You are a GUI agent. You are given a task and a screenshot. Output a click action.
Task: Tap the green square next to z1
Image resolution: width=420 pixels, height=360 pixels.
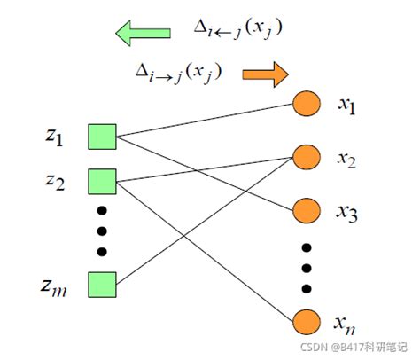(103, 137)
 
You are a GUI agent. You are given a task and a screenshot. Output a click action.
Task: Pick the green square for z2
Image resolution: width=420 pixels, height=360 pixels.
(103, 182)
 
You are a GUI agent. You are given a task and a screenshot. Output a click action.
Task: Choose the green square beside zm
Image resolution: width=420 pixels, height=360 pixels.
(103, 285)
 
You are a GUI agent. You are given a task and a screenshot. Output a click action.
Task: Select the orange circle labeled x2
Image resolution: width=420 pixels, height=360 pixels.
(306, 158)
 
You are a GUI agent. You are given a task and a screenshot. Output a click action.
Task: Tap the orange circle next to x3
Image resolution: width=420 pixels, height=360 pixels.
(306, 210)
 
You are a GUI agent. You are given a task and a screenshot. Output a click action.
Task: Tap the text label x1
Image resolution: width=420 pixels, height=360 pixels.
(346, 106)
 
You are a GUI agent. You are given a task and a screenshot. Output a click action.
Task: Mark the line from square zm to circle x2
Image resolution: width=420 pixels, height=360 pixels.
(204, 222)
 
